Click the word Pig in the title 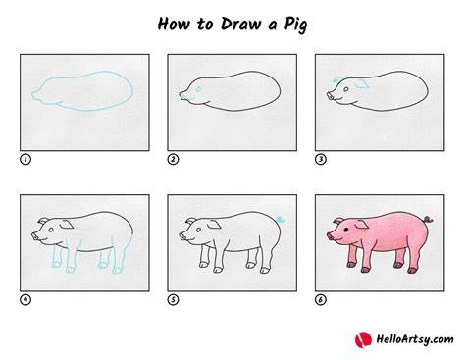click(x=295, y=25)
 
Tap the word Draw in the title click(x=240, y=24)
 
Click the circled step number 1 click(x=26, y=159)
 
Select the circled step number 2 click(x=173, y=159)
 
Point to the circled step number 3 click(x=321, y=159)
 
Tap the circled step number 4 click(x=26, y=299)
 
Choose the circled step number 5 click(x=173, y=299)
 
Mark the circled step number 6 click(x=321, y=299)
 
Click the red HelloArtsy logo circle click(x=363, y=340)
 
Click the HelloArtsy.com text click(x=415, y=339)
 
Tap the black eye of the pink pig click(x=345, y=230)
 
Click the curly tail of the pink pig click(x=429, y=219)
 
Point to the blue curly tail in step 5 click(x=281, y=219)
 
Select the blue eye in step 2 click(x=198, y=89)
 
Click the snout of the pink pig click(x=331, y=236)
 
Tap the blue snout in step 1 click(x=34, y=95)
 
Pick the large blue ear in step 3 click(x=362, y=84)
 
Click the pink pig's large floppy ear click(x=362, y=225)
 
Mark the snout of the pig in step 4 click(x=35, y=236)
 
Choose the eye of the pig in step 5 click(x=198, y=230)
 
